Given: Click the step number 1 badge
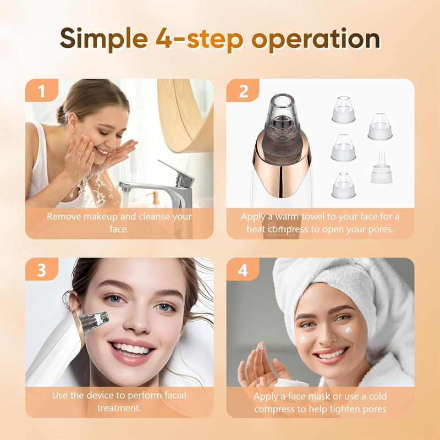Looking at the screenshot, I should tap(42, 91).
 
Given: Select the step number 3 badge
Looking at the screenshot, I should tap(42, 269).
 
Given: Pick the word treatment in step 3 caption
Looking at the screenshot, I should tap(119, 408).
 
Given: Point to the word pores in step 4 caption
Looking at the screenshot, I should tap(373, 409).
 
